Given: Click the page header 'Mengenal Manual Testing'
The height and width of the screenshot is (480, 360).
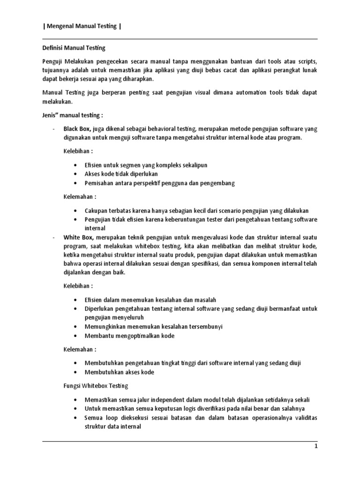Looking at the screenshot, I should [x=82, y=26].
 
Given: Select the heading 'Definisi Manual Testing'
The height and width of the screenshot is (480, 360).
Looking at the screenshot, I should [x=71, y=48].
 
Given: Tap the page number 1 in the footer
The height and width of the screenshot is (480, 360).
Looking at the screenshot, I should [x=316, y=447].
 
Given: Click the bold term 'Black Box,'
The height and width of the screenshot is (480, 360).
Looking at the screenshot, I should [x=78, y=129].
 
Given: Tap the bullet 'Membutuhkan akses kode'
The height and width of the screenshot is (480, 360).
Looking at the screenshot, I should [x=119, y=372].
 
